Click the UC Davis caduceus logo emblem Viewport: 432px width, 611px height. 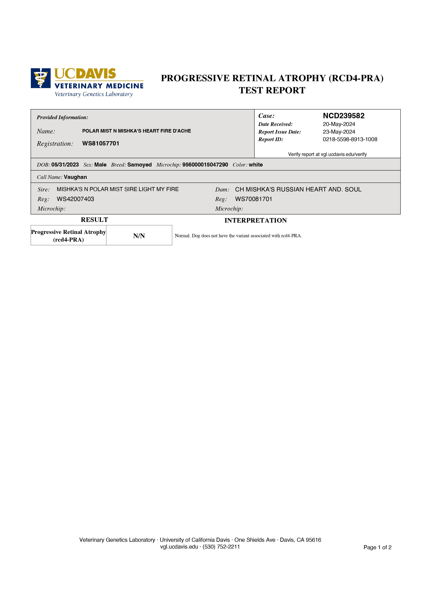(x=40, y=78)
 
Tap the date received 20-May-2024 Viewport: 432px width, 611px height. (x=339, y=124)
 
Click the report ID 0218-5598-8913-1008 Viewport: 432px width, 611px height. (x=350, y=140)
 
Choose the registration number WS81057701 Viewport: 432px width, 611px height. (x=101, y=144)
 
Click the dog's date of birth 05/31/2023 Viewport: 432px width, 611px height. (x=65, y=165)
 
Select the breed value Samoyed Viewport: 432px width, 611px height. (x=140, y=165)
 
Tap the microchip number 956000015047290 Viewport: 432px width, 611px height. (x=205, y=165)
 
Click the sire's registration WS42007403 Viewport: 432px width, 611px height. (x=75, y=199)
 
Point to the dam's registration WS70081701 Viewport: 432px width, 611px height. (x=253, y=199)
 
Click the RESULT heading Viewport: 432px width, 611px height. (x=94, y=220)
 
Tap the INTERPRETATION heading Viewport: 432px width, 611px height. (x=256, y=220)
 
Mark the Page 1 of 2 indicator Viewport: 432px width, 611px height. (x=377, y=547)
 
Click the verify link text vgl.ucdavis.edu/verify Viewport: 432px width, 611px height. (x=344, y=154)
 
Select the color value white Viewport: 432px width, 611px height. (x=256, y=165)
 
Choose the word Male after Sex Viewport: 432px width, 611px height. (x=100, y=165)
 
